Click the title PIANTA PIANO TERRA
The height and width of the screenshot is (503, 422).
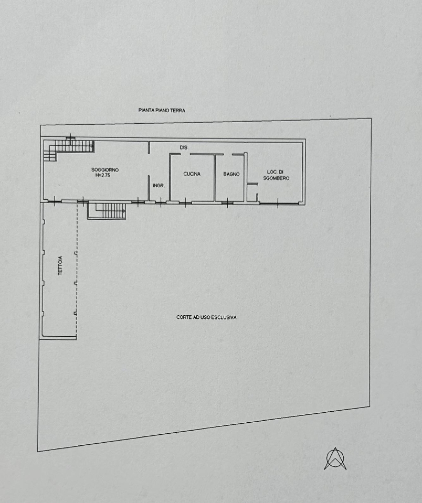[x=162, y=110]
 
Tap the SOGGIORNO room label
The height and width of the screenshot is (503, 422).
[x=105, y=170]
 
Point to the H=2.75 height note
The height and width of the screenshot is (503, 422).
[x=103, y=176]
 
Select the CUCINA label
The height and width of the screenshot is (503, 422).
[x=192, y=174]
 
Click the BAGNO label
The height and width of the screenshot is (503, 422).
[x=231, y=174]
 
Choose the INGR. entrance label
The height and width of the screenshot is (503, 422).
[x=159, y=186]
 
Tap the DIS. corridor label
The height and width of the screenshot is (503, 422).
[x=184, y=147]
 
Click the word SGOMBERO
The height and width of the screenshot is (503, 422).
[x=276, y=178]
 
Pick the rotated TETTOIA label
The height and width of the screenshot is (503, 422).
[x=60, y=265]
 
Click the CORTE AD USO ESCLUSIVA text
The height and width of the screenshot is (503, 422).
[x=206, y=317]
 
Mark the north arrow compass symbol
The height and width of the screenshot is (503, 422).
[x=335, y=458]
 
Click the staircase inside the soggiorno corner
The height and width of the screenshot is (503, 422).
[x=69, y=148]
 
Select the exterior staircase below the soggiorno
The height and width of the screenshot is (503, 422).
[x=107, y=211]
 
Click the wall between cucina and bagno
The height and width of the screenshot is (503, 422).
[x=214, y=178]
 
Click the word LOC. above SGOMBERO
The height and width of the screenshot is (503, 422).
[x=272, y=172]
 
